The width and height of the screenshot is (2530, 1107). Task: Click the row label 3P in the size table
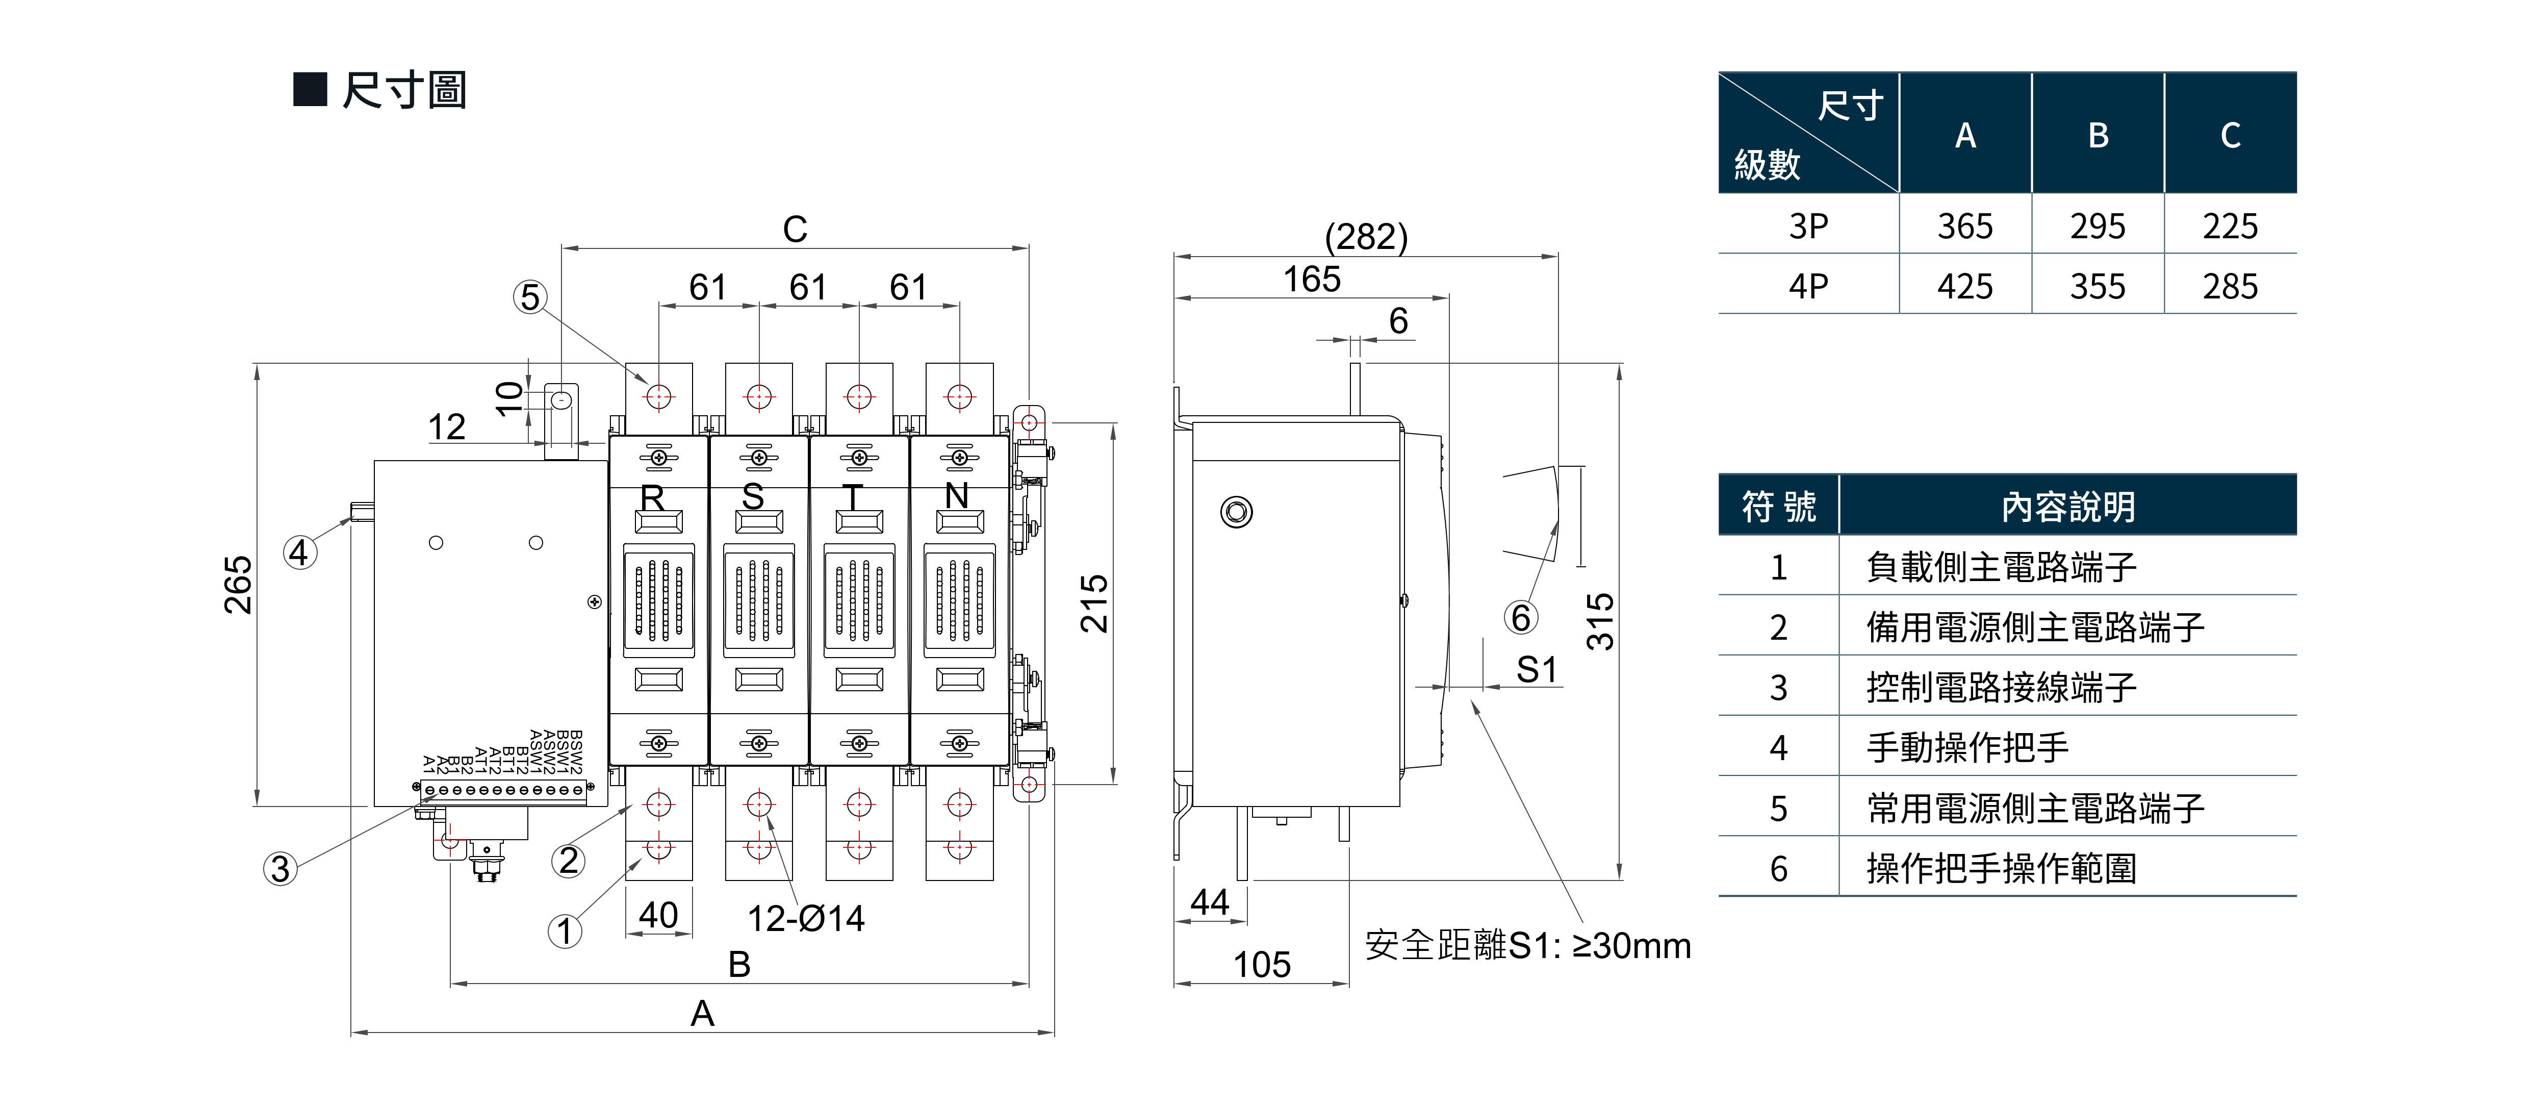point(1807,226)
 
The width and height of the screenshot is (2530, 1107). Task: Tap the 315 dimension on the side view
point(1600,621)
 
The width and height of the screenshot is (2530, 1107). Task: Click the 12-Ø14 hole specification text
point(805,918)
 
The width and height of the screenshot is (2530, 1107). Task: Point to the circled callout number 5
point(530,296)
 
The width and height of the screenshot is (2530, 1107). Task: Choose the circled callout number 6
point(1520,618)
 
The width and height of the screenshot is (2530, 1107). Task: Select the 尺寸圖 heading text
point(404,90)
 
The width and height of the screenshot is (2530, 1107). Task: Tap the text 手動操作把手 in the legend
point(1967,747)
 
